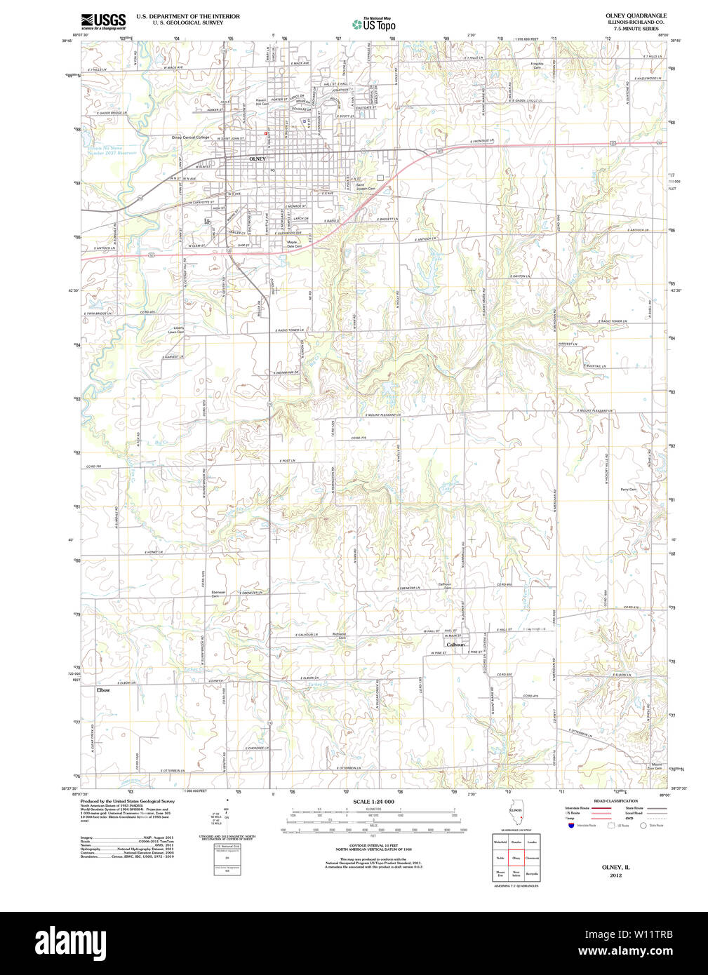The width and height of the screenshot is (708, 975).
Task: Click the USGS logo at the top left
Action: (x=103, y=20)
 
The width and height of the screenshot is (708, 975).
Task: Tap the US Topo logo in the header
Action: (x=373, y=25)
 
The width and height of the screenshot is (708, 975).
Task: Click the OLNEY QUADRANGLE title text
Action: (x=636, y=15)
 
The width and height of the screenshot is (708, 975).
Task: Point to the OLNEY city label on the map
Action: (x=258, y=159)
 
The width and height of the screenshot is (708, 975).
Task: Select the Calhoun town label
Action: (x=455, y=645)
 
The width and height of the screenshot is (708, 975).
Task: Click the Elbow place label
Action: (x=103, y=690)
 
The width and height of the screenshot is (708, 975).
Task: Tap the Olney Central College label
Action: (x=190, y=137)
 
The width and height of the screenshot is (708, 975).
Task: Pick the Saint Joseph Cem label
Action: (x=366, y=187)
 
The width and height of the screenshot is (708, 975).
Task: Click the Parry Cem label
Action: (x=628, y=489)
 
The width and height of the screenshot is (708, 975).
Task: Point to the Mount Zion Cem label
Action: (x=656, y=766)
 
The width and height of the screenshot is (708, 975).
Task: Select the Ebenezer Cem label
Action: (x=219, y=593)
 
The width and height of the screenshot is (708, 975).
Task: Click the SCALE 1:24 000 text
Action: (x=373, y=801)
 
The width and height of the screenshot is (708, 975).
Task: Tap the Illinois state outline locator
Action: (x=515, y=815)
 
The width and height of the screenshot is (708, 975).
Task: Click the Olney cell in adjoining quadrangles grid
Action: (x=516, y=858)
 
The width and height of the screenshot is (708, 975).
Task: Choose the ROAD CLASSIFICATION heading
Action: (x=615, y=801)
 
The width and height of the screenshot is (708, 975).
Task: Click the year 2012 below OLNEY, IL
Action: (x=615, y=875)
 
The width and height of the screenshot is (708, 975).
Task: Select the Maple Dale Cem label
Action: (x=294, y=244)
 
